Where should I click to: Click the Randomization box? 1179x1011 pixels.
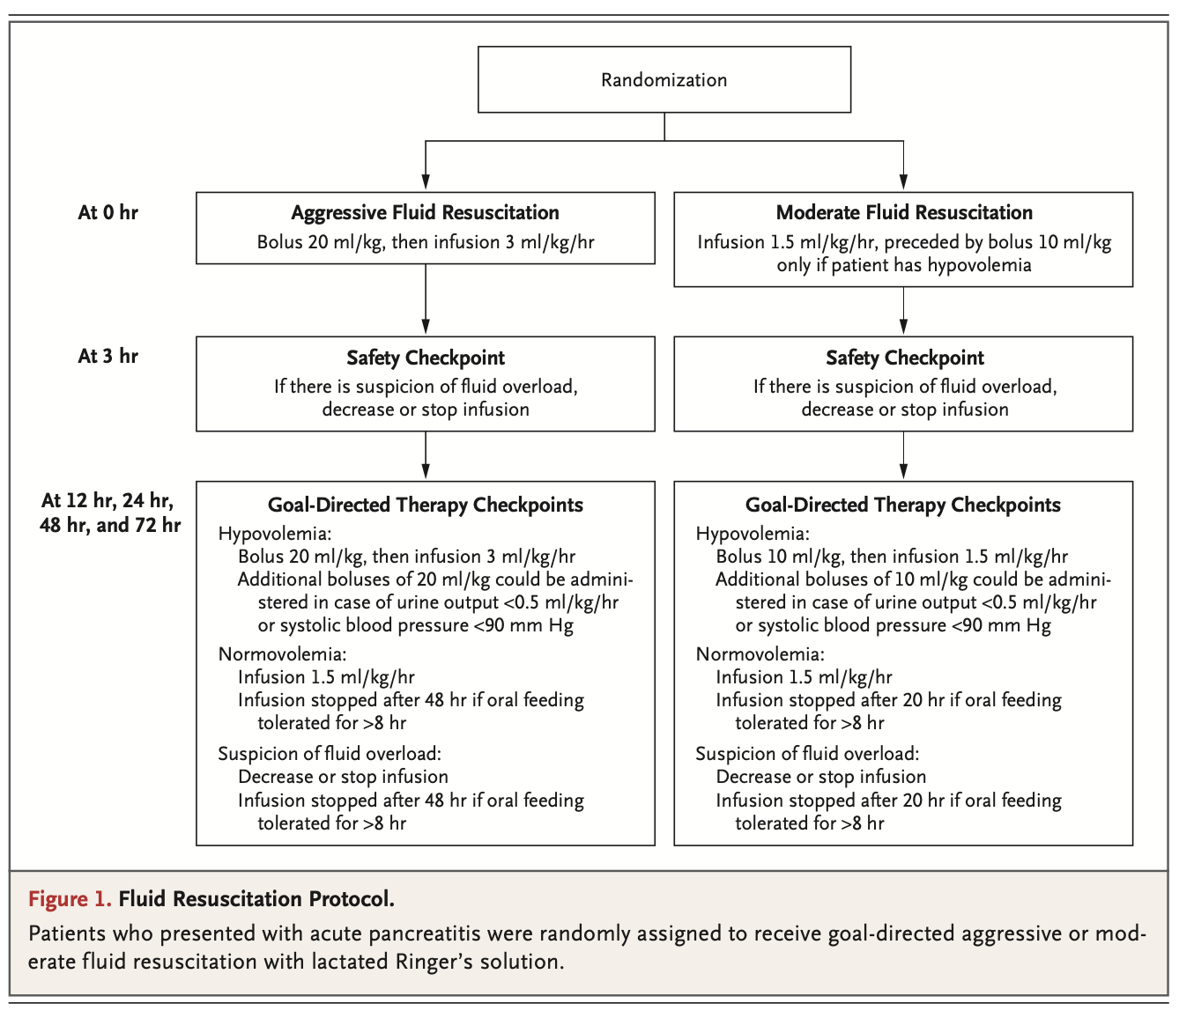[664, 79]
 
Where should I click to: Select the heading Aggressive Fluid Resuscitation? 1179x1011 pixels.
[425, 212]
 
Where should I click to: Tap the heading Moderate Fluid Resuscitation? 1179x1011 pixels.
[903, 212]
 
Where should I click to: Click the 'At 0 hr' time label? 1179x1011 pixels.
[108, 212]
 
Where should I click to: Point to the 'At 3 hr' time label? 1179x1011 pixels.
[108, 356]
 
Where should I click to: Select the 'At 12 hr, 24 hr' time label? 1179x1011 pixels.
[108, 501]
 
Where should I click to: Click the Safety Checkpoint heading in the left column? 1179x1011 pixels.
[425, 358]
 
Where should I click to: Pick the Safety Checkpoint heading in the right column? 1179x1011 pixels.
[904, 358]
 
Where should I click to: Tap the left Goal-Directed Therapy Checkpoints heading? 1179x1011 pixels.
[425, 505]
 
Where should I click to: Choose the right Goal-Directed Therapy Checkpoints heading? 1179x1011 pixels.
[902, 505]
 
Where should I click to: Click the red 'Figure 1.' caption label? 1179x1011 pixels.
[70, 899]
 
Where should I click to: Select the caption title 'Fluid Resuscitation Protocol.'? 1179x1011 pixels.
[256, 899]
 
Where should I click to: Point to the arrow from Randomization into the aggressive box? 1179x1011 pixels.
[426, 167]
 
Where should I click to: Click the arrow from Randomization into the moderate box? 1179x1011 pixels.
[903, 167]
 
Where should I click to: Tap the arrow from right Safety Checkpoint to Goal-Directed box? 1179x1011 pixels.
[903, 456]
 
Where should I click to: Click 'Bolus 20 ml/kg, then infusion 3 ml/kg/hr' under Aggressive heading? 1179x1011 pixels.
[425, 242]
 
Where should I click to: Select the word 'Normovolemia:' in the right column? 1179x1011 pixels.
[760, 654]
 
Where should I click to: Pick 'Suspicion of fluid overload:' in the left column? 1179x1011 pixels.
[329, 754]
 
